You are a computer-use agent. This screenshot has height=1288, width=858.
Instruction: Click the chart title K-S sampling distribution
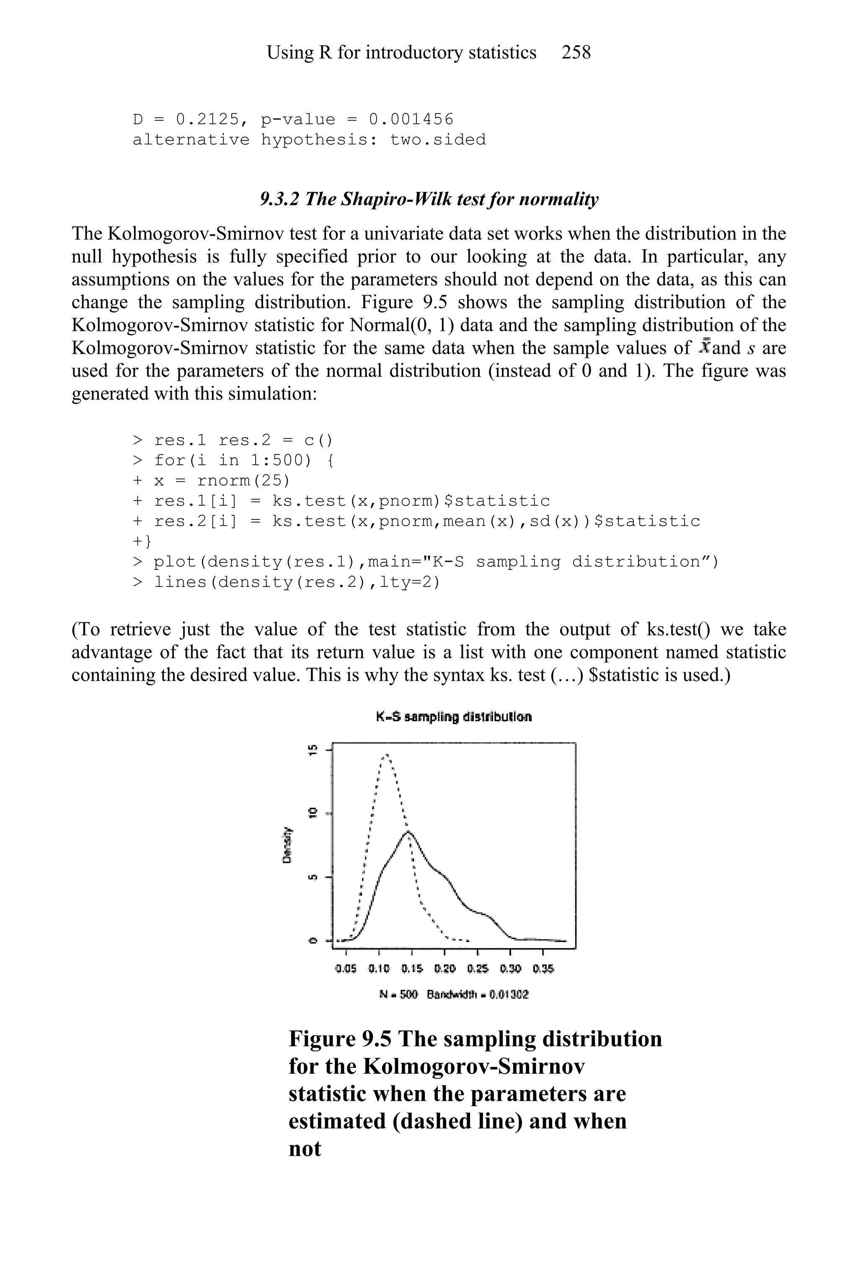click(x=454, y=717)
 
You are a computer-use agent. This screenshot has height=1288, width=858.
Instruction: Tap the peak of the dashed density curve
click(x=386, y=755)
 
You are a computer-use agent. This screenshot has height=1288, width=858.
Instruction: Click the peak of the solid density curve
click(x=409, y=832)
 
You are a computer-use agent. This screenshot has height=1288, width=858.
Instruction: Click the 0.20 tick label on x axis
click(x=445, y=969)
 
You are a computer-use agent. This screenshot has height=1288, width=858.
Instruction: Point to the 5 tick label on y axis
click(x=313, y=877)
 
